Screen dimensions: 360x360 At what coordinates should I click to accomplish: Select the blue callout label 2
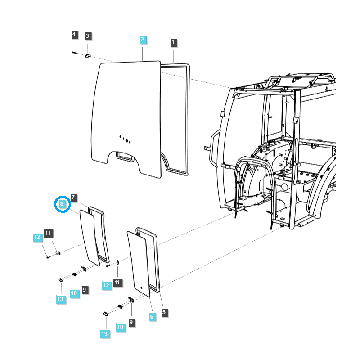coord(142,40)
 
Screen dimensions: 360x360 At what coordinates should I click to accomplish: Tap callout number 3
coord(88,36)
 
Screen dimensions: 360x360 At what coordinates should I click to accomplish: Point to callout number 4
coord(74,34)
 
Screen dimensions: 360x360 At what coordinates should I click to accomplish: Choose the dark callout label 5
coord(164,312)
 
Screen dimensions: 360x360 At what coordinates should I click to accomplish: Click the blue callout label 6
coord(152,317)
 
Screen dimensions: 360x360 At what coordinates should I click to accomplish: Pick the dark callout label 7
coord(74,198)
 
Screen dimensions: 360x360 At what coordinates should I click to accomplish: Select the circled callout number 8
coord(63,204)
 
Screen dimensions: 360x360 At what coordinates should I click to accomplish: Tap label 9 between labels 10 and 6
coord(131,322)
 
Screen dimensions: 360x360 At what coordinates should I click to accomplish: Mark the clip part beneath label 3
coord(88,56)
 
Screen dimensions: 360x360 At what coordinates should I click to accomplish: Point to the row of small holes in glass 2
coord(125,139)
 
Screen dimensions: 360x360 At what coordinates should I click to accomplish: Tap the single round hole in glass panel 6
coord(141,286)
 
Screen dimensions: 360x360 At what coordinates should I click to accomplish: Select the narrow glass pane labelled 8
coord(90,236)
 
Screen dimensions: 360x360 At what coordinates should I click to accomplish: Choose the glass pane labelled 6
coord(139,261)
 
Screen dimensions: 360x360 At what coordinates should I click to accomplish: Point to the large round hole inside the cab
coord(284,186)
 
